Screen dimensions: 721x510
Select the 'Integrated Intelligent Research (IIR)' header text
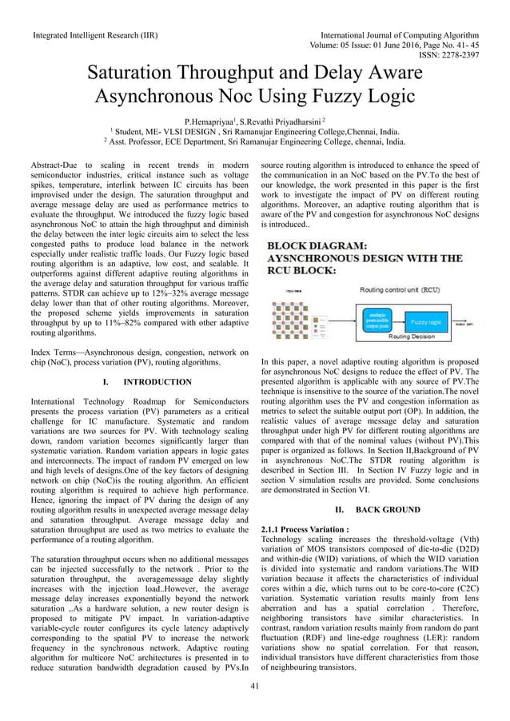[94, 36]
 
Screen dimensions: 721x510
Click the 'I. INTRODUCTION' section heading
[141, 382]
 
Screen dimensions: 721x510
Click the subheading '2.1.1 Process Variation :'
[305, 528]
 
